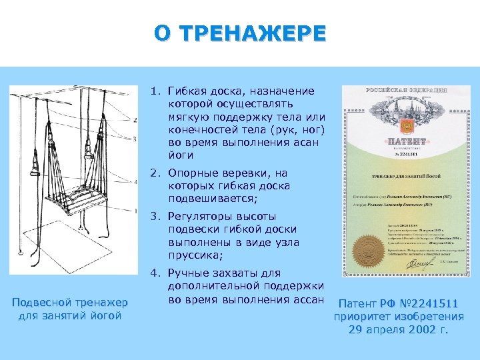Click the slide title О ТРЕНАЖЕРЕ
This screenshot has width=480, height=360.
coord(240,33)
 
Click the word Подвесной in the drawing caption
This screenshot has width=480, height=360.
coord(41,303)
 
